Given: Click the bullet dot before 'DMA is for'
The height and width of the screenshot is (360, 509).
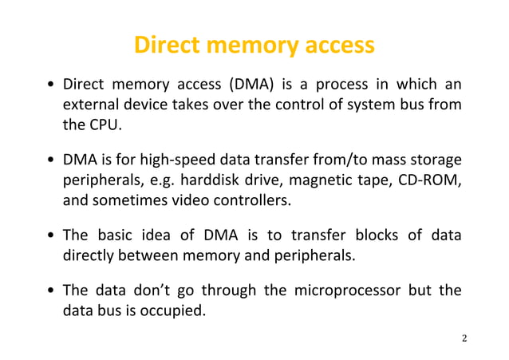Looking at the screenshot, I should [x=51, y=163].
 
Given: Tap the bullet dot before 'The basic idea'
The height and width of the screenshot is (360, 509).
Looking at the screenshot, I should [x=51, y=238].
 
